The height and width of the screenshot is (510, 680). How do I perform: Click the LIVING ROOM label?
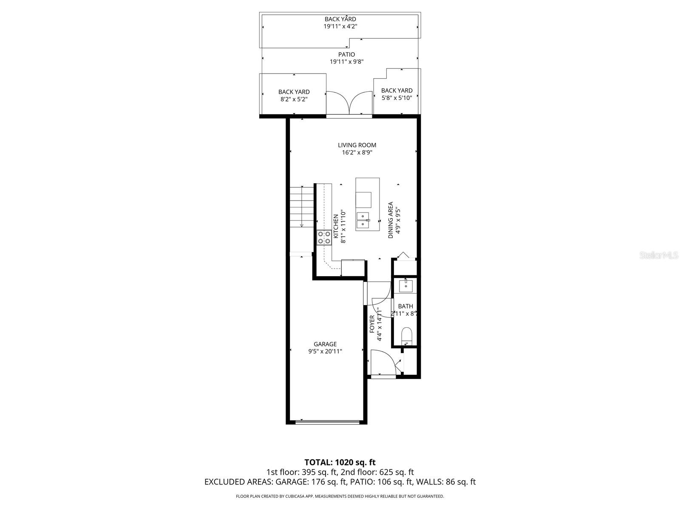click(357, 145)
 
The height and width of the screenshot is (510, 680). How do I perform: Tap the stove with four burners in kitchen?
click(324, 238)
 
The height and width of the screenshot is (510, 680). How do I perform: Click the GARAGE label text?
click(325, 344)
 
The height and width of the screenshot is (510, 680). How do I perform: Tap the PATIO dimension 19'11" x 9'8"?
click(346, 62)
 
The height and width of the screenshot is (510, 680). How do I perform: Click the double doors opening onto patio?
click(349, 103)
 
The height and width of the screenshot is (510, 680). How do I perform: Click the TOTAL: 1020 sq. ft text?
click(340, 462)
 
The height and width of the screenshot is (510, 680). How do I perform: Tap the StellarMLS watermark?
click(659, 255)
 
